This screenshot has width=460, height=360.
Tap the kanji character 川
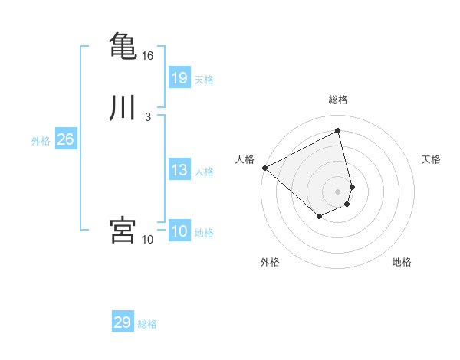point(123,108)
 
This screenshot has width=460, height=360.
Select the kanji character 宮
point(123,230)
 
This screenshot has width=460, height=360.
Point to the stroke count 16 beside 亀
point(147,56)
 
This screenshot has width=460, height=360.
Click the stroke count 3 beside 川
point(147,117)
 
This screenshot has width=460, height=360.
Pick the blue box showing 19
point(179,77)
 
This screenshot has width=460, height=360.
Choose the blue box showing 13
point(179,170)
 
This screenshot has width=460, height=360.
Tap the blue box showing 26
point(65,139)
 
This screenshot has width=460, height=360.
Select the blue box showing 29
point(123,322)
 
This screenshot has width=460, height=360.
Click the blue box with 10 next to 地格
point(179,231)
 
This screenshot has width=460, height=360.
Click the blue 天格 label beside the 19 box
point(204,79)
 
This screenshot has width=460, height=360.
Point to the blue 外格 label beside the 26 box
point(41,141)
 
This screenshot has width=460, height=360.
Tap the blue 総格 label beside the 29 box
point(147,324)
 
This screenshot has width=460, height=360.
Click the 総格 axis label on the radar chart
point(338,100)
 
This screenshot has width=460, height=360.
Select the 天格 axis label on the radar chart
point(431,159)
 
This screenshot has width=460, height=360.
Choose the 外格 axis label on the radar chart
point(270,262)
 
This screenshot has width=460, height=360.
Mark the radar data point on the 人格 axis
point(264,168)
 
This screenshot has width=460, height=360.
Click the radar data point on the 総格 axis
point(338,131)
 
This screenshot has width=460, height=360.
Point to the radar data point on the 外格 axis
point(319,218)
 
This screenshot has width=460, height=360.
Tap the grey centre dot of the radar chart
point(338,191)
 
